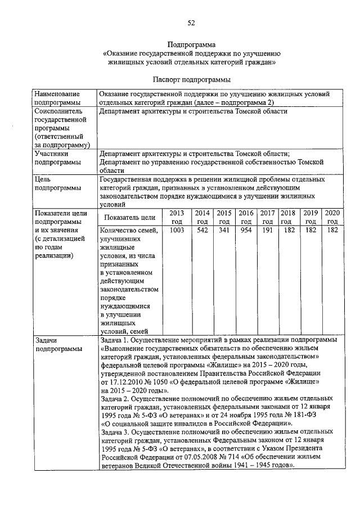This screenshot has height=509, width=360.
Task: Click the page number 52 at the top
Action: tap(191, 22)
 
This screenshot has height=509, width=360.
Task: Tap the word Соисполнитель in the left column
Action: tap(60, 111)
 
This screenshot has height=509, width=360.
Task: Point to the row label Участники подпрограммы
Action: tap(52, 157)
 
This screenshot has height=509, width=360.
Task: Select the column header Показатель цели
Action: tap(129, 217)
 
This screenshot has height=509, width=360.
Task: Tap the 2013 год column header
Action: tap(177, 217)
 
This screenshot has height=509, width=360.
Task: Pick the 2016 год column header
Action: tap(246, 217)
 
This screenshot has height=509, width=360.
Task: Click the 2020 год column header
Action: tap(332, 217)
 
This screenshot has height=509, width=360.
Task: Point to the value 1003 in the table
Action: tap(177, 231)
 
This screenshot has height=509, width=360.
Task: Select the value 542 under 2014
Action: tap(202, 231)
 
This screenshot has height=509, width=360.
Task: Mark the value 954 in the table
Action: tap(246, 231)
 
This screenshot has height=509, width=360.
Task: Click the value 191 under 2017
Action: tap(267, 231)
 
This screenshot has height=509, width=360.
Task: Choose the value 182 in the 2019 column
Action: tap(310, 231)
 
